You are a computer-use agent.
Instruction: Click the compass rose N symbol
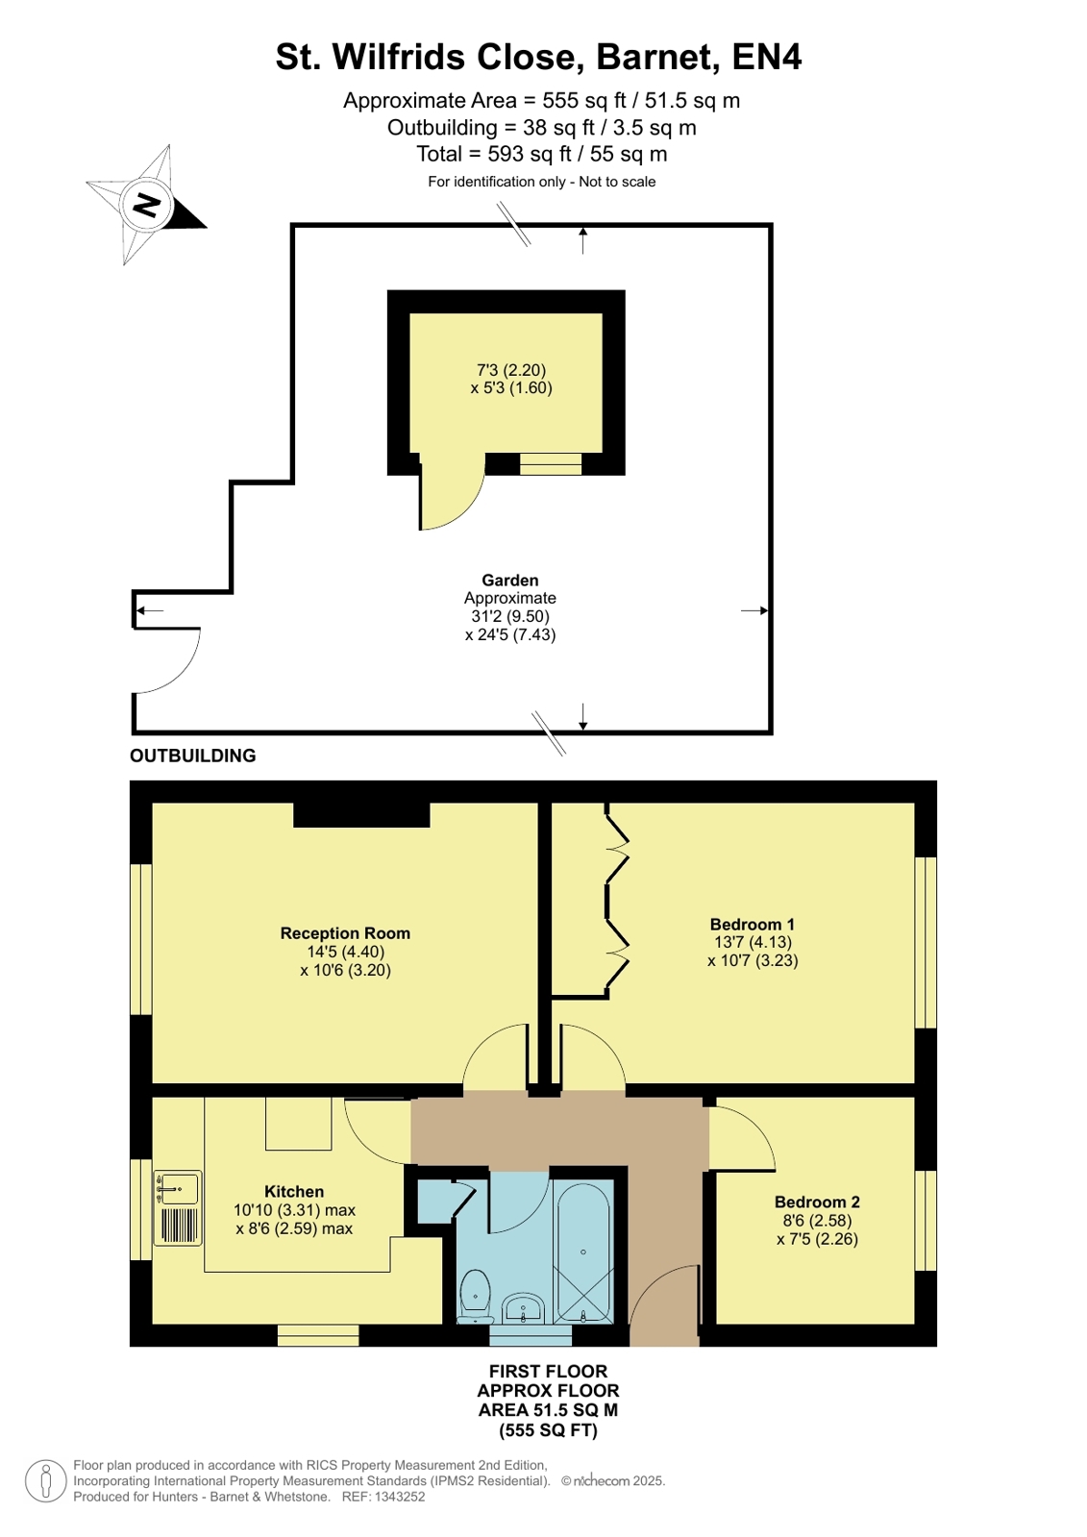146,205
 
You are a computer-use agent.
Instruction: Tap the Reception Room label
345,933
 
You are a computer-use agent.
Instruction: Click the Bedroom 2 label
817,1202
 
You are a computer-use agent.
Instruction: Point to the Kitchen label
294,1191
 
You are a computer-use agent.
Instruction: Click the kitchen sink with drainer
178,1207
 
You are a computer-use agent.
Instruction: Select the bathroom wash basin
524,1308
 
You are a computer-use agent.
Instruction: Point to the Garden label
510,580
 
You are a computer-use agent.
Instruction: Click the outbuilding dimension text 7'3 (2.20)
511,370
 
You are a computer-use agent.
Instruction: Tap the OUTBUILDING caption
193,756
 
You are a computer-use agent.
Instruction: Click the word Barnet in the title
658,57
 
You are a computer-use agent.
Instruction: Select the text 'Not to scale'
617,182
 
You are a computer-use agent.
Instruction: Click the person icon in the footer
46,1480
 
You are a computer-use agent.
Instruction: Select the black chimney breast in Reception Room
361,814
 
